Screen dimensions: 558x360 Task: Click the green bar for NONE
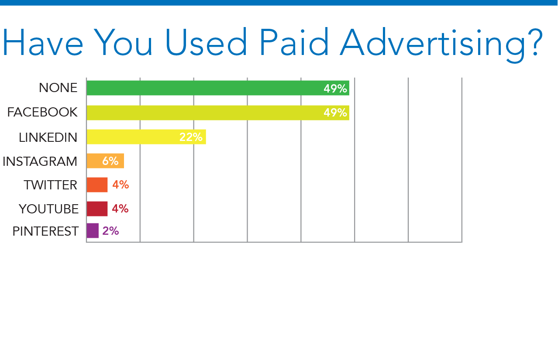[218, 88]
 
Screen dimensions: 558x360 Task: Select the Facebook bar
[218, 113]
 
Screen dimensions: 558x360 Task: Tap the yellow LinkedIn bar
[146, 137]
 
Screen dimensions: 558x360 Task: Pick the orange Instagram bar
[105, 161]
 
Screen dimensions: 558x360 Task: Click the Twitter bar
[97, 185]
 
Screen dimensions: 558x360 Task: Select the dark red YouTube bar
[97, 209]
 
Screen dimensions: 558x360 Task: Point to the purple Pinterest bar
[93, 230]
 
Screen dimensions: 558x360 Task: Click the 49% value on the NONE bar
[335, 89]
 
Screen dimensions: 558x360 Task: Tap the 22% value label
[191, 137]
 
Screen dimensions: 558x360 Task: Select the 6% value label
[110, 161]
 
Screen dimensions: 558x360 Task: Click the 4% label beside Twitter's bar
[121, 185]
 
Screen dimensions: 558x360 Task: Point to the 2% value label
[110, 231]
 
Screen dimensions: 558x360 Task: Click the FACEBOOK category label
[42, 112]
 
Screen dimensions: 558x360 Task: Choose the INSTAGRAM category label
[40, 161]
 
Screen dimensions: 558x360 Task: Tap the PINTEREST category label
[45, 231]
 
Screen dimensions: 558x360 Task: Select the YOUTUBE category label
[49, 209]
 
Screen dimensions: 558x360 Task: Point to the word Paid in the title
[294, 42]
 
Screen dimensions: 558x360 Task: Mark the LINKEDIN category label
[48, 137]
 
